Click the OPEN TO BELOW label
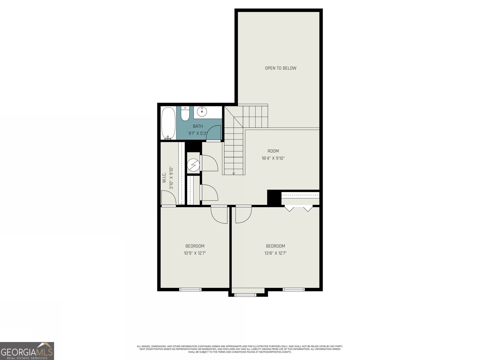[x=280, y=68]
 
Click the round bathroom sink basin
[x=202, y=112]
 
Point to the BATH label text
[x=198, y=126]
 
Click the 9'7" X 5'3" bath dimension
[x=198, y=133]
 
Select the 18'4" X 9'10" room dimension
[x=273, y=158]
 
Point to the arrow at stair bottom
[x=234, y=173]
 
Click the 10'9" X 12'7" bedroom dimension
[x=195, y=253]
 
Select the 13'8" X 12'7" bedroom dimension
[x=275, y=253]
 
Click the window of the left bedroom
[x=190, y=289]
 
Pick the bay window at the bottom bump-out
[x=245, y=295]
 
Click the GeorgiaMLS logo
[x=27, y=351]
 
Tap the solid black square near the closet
[x=274, y=197]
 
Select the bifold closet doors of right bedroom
[x=298, y=208]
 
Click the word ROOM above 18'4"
[x=273, y=151]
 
